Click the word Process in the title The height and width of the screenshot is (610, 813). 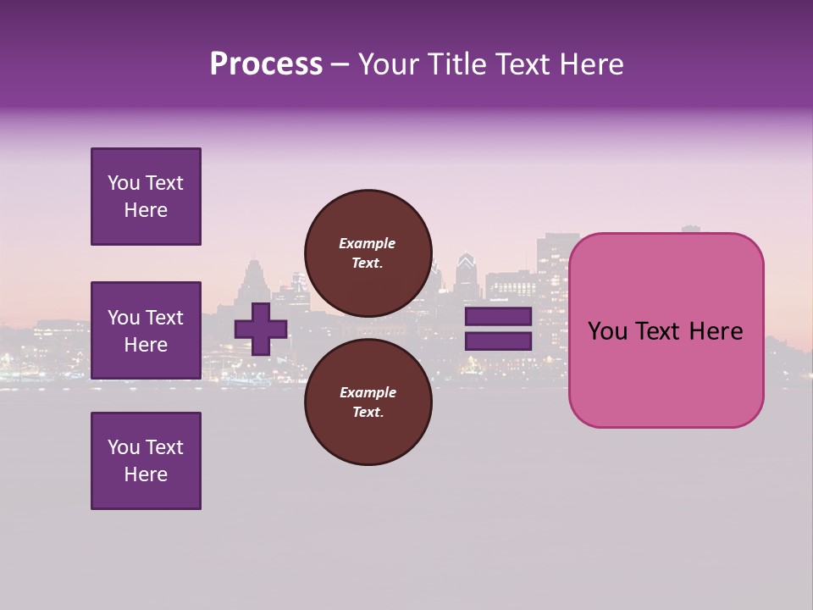pyautogui.click(x=266, y=64)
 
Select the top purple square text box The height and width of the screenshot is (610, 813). pyautogui.click(x=146, y=197)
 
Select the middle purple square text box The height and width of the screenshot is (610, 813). pyautogui.click(x=146, y=330)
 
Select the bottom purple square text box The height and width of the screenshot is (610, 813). pyautogui.click(x=146, y=461)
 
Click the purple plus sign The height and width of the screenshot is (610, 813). pyautogui.click(x=261, y=329)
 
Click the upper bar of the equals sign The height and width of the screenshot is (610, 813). pyautogui.click(x=498, y=317)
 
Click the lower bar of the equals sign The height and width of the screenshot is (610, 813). pyautogui.click(x=498, y=341)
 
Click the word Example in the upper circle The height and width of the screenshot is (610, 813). pyautogui.click(x=367, y=243)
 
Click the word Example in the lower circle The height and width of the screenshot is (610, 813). pyautogui.click(x=367, y=392)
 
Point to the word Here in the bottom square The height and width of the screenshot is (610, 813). pyautogui.click(x=146, y=474)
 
